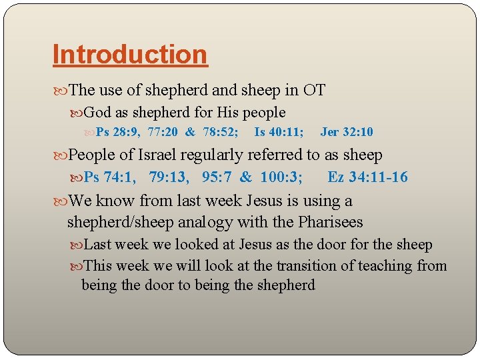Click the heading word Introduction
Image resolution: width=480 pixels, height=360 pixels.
[130, 54]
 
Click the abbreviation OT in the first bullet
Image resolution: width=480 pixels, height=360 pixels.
[314, 90]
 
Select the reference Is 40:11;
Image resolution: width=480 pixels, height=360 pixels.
[279, 132]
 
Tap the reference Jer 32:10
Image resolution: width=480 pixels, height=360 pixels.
[347, 132]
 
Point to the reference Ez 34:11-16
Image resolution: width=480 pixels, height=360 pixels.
[367, 177]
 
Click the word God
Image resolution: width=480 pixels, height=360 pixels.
[98, 113]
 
